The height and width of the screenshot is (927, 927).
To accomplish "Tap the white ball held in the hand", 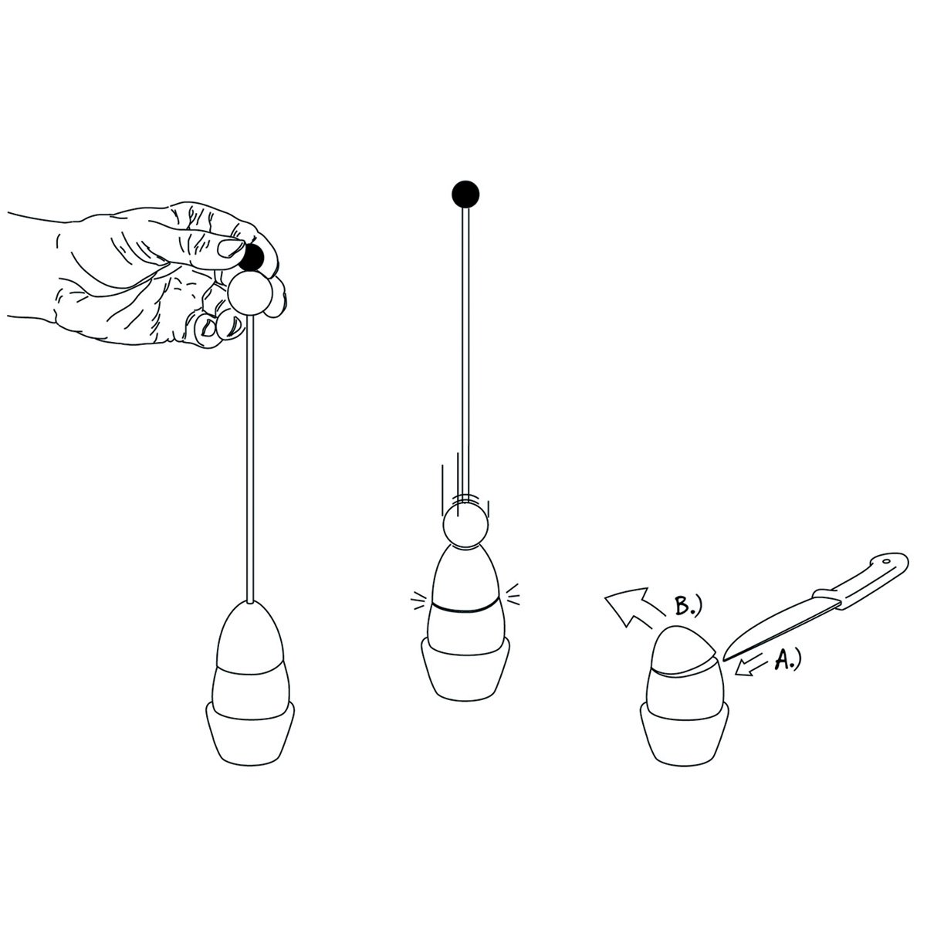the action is pos(250,293).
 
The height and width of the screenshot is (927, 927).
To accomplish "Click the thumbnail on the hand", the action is pos(231,249).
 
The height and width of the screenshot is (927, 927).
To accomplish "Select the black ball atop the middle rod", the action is pos(465,195).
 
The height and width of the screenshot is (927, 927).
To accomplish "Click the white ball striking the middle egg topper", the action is pos(465,525).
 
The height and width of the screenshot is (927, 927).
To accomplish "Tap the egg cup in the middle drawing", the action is pos(465,670).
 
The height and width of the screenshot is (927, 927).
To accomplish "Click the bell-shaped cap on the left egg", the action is pos(250,636).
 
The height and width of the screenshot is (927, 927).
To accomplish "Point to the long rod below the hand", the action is pos(250,458).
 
